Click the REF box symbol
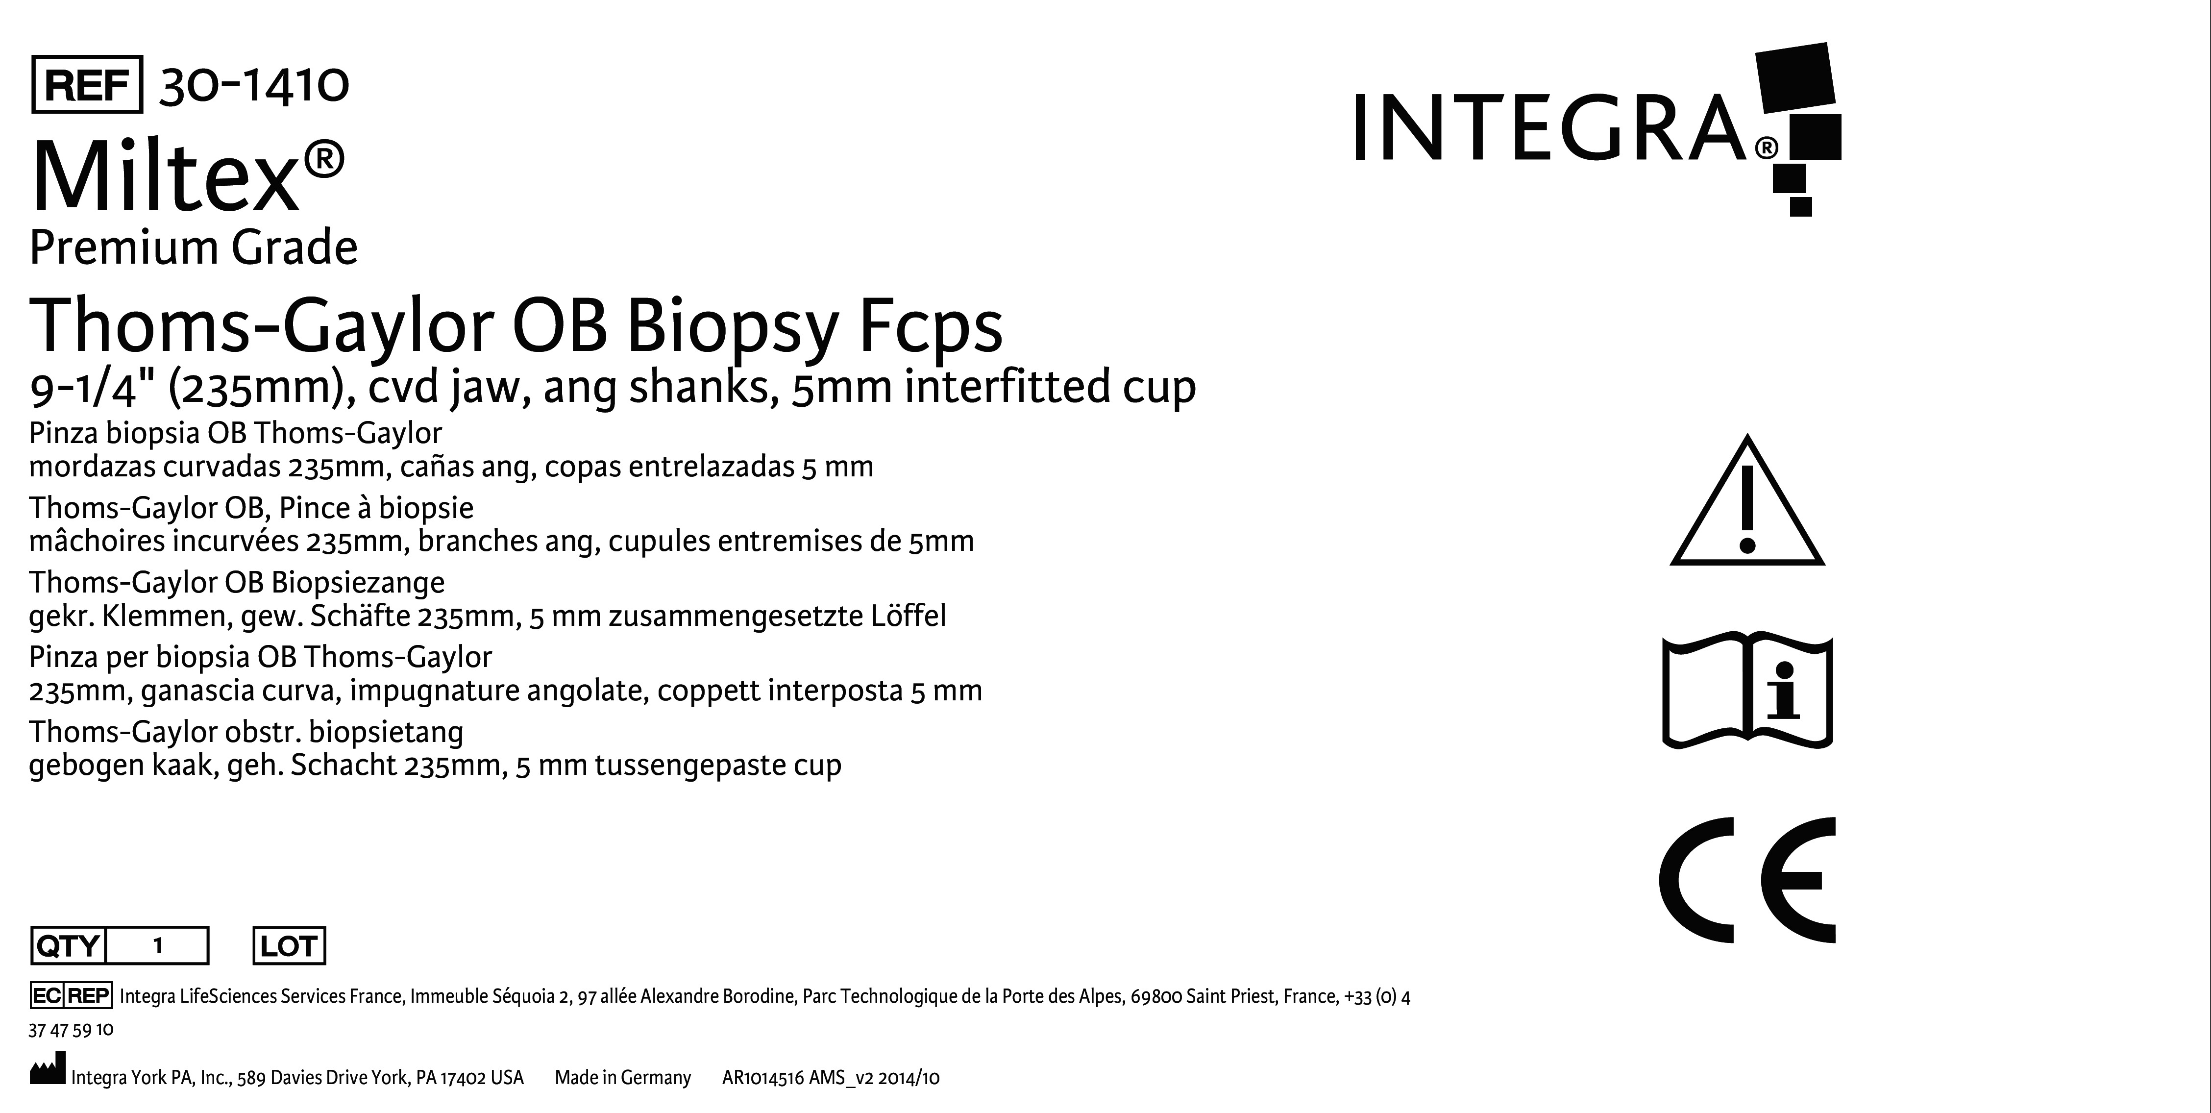tap(87, 84)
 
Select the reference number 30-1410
tap(254, 85)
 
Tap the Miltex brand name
tap(165, 177)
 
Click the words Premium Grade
tap(193, 248)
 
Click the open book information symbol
tap(1747, 691)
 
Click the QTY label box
tap(68, 946)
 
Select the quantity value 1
tap(158, 946)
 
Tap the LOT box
tap(289, 946)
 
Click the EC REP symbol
tap(71, 995)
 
